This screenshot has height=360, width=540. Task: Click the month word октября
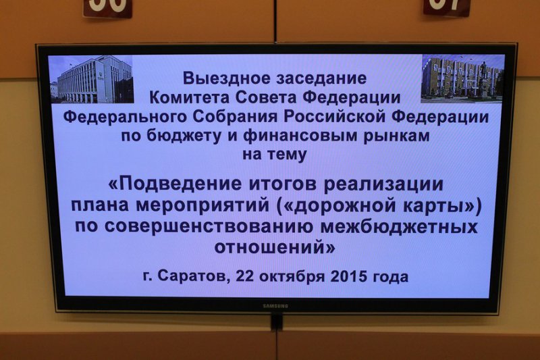pos(292,277)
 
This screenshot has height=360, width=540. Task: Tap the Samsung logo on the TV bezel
pos(275,306)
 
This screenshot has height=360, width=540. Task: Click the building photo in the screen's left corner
pos(92,80)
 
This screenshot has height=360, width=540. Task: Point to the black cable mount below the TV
pos(277,321)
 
